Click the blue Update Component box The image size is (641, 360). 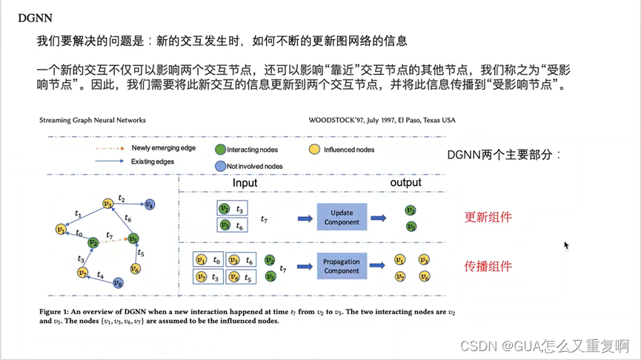tap(342, 218)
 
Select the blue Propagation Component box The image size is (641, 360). tap(341, 266)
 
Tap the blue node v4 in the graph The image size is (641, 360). tap(149, 204)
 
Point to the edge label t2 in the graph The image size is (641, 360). tap(122, 199)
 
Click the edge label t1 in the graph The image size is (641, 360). tap(78, 213)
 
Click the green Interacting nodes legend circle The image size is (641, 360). tap(221, 150)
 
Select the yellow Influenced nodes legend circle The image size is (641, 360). tap(314, 150)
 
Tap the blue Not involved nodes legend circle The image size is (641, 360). tap(221, 166)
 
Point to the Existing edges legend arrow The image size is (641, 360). tap(108, 161)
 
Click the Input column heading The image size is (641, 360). tap(245, 183)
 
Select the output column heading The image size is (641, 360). tap(405, 183)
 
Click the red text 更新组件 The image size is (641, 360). tap(488, 218)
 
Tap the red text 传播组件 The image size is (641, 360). tap(488, 266)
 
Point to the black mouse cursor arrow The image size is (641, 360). tap(567, 245)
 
